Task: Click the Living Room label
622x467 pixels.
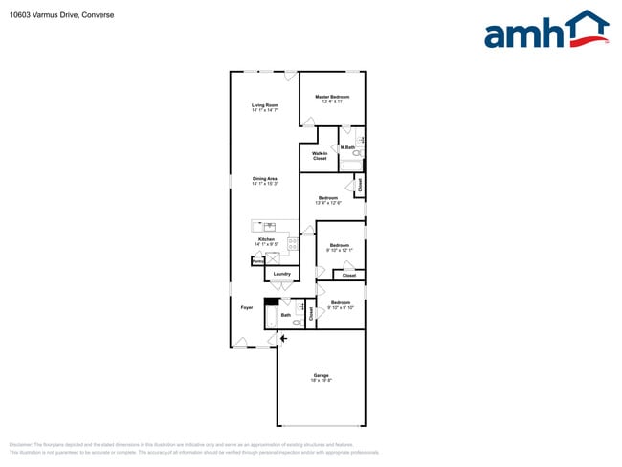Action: click(265, 104)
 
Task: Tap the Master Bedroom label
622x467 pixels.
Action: click(332, 97)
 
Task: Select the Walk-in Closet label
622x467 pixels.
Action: click(320, 155)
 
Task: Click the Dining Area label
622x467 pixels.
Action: click(265, 179)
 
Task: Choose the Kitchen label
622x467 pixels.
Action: click(266, 239)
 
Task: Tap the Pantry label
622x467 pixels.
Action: click(258, 260)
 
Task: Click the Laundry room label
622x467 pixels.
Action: click(281, 274)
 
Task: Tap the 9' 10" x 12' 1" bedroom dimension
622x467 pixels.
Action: click(340, 250)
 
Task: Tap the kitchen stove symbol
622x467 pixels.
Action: click(292, 243)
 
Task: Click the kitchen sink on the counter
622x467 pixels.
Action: click(270, 226)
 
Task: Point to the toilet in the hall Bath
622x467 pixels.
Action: click(299, 322)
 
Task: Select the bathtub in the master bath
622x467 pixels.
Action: click(355, 164)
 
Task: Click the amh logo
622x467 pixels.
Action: click(546, 31)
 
